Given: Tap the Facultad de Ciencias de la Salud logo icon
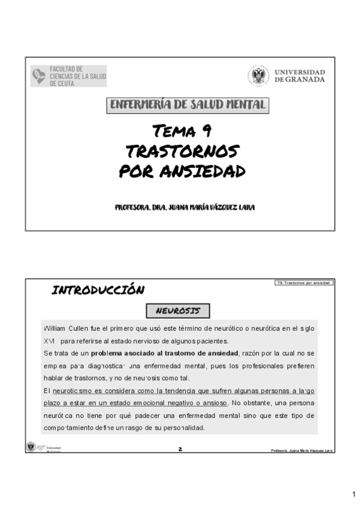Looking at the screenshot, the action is pos(38,76).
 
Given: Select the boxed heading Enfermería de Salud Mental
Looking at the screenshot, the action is pos(188,105).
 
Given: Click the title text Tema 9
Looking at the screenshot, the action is pos(181,131).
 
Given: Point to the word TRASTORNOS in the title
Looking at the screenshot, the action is pos(183,151).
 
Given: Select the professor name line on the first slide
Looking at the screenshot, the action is pos(185,207).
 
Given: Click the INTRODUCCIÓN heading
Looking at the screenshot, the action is pos(98,290).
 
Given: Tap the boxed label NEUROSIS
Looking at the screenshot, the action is pos(178,310).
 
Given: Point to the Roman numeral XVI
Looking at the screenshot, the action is pos(49,340).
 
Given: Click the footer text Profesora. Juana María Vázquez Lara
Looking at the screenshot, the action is pos(302,450).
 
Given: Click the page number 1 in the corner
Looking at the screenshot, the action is pos(354,494).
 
